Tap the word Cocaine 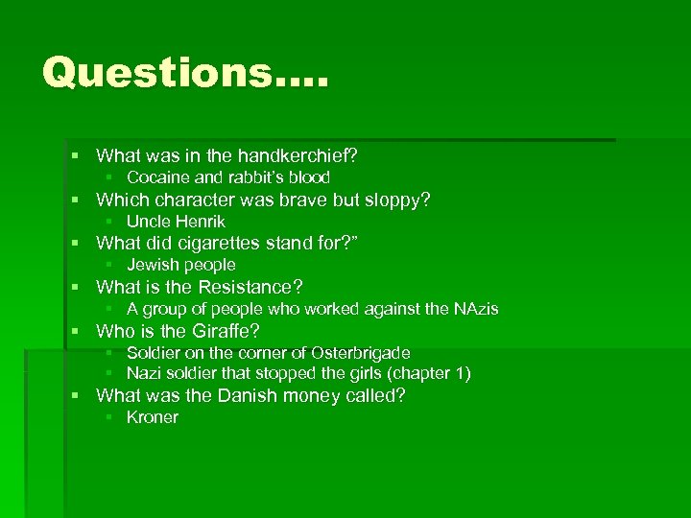coord(158,177)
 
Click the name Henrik coord(200,222)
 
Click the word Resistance coord(249,287)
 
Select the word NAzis coord(474,309)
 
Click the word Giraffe coord(227,332)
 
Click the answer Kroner coord(153,417)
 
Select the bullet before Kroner coord(110,417)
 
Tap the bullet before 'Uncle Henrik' coord(110,222)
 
